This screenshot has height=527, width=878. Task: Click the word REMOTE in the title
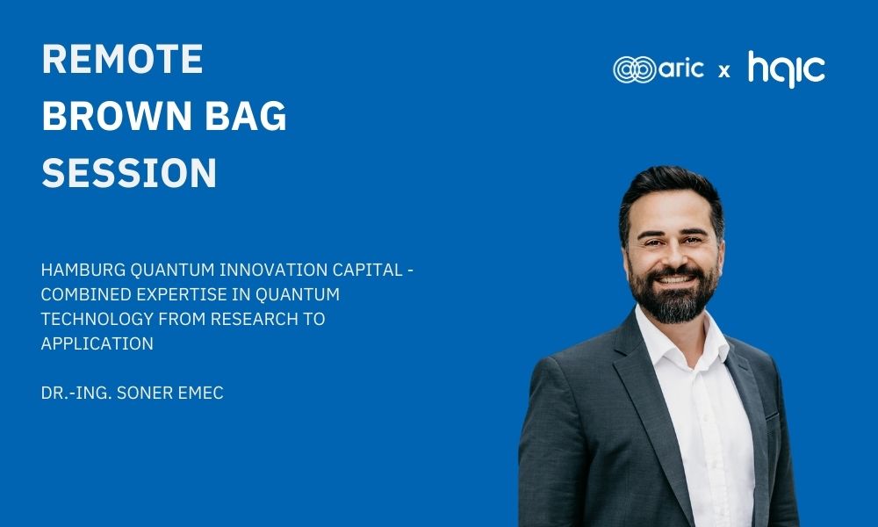[x=123, y=59]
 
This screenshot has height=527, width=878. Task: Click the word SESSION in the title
[x=129, y=172]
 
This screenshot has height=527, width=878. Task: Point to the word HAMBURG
[x=83, y=270]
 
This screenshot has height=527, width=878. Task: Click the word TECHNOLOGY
[x=97, y=319]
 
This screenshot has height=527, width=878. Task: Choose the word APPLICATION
[x=97, y=343]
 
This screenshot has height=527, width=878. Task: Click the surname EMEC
[x=200, y=393]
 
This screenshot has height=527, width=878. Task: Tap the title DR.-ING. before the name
[x=76, y=393]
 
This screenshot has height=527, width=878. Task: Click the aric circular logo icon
[x=634, y=70]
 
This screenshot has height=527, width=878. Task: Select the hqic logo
[x=786, y=69]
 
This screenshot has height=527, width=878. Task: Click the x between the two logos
[x=724, y=71]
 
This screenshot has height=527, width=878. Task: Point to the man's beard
[x=673, y=297]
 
